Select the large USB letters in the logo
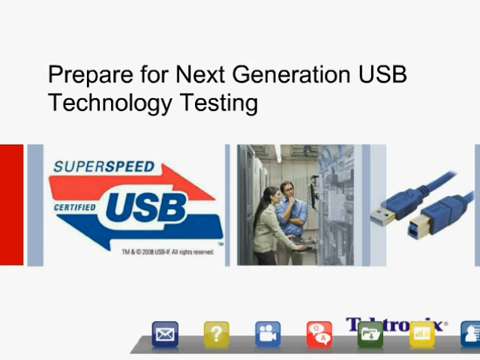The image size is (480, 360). pyautogui.click(x=145, y=208)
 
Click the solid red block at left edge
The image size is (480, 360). pyautogui.click(x=11, y=205)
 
